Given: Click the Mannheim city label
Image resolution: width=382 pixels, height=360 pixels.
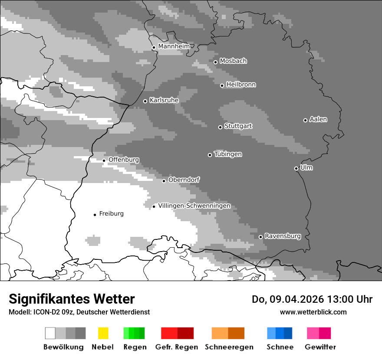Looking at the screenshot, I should coord(174,46).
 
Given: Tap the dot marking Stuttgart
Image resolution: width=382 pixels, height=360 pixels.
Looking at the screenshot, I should coord(220,127).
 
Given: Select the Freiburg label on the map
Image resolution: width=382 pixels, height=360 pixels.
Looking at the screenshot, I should coord(111,213).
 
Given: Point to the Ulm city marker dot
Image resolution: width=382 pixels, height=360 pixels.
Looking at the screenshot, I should coord(296,168).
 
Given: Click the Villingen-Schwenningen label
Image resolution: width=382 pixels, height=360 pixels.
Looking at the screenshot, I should coord(194,206).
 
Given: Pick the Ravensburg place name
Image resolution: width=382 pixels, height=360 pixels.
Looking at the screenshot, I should coord(283,236).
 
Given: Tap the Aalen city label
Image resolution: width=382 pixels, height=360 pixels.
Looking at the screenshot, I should coord(318,119).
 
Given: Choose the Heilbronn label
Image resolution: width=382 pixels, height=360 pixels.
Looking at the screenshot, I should coord(241,85).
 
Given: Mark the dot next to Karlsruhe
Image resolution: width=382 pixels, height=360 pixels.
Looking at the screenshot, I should coord(145,101).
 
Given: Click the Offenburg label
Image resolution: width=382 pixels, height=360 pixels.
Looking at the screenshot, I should coord(124,160).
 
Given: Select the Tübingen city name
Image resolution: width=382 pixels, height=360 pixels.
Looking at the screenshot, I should coord(228,154).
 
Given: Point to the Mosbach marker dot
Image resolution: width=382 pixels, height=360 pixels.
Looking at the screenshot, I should coord(215,62).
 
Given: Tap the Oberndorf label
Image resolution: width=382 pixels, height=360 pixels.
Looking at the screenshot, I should coord(184,180).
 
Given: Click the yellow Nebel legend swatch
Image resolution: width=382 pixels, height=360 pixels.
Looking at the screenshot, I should coord(103,333).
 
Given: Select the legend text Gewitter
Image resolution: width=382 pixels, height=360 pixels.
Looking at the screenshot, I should coord(320,347).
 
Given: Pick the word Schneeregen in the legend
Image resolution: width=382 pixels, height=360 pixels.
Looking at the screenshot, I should coord(229,347).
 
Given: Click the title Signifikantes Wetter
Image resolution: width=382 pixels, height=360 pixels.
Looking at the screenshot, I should coord(72,299).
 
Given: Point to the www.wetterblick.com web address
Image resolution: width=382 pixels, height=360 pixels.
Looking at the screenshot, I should coord(313,312).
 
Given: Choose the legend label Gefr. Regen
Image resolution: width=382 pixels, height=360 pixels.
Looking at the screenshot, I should coord(177,347).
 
